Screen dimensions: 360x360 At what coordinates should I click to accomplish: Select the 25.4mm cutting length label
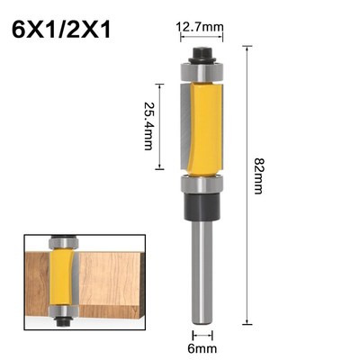pyautogui.click(x=147, y=126)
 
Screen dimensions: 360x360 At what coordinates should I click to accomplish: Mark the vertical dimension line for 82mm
pyautogui.click(x=247, y=180)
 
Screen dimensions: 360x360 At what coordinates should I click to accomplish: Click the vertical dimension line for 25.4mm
pyautogui.click(x=160, y=126)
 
